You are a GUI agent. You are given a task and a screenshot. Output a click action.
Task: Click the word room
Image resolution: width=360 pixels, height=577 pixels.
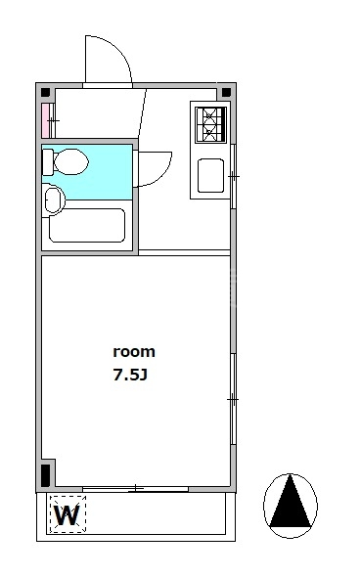pos(134,352)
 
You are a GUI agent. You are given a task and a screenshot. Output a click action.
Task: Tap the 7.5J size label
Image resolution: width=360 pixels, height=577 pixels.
pos(130,375)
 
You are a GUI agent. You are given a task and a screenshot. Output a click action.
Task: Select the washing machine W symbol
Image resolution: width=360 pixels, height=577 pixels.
pos(67,514)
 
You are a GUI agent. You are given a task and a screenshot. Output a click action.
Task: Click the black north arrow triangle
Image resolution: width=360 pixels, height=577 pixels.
pos(291,501)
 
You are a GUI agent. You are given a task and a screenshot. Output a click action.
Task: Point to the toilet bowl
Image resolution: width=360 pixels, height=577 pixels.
pos(70,161)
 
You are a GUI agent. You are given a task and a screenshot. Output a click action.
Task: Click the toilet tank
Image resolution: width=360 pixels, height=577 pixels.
pos(48,162)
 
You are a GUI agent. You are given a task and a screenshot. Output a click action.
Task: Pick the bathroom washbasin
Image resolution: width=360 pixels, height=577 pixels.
pos(54,200)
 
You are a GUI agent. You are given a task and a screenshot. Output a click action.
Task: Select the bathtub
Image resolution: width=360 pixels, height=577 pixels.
pos(87,226)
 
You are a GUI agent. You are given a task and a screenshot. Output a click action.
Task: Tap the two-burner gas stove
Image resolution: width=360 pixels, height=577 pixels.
pos(210,124)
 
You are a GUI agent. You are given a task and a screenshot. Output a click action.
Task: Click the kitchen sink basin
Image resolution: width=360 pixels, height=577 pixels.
pos(210,175)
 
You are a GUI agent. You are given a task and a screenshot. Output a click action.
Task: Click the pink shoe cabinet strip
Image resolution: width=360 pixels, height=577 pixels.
pos(45,120)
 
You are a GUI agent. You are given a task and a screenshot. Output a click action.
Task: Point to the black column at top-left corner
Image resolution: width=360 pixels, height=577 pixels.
pos(45,92)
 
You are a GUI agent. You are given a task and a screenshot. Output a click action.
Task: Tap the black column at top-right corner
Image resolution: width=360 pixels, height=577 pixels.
pos(226,92)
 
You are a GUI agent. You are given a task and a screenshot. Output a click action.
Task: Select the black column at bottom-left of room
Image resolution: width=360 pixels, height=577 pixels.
pos(45,474)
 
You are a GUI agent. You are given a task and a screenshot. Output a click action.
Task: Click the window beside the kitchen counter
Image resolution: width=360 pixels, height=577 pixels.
pos(233,177)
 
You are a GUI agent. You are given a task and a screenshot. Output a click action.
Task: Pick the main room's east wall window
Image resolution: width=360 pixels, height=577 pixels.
pos(233,399)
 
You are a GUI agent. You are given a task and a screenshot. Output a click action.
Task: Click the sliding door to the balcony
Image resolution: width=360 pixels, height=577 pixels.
pos(135,489)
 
